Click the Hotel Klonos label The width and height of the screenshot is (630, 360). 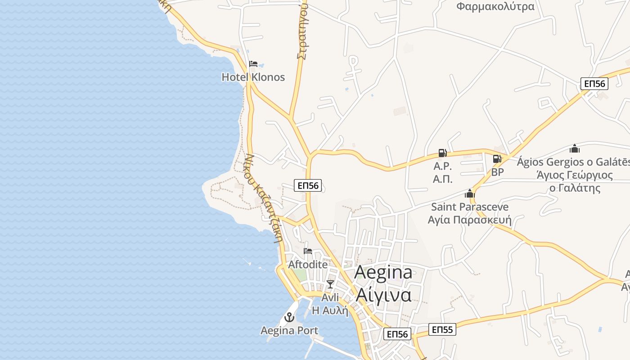point(253,77)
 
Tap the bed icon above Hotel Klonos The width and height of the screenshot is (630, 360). point(253,63)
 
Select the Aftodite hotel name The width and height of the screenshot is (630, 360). point(308,264)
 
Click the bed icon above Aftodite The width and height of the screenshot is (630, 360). point(308,251)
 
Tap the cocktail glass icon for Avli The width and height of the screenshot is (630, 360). point(330,284)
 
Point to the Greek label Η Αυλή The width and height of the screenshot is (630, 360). point(330,310)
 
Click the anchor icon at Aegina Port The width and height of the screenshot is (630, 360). point(289,317)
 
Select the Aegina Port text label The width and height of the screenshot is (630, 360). point(289,331)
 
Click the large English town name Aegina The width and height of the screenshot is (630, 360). point(383,272)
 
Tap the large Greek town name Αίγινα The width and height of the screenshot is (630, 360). point(383,295)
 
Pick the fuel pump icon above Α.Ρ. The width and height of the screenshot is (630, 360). point(442,153)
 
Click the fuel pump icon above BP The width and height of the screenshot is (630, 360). point(497,158)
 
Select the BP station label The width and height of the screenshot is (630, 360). point(497,172)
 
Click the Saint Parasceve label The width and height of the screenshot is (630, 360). point(470,207)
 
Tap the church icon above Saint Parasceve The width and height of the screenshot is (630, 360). point(470,194)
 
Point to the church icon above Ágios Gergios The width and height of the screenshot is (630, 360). point(575,148)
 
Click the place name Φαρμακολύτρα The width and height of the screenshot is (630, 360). point(495,7)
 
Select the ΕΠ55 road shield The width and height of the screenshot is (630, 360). point(442,329)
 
